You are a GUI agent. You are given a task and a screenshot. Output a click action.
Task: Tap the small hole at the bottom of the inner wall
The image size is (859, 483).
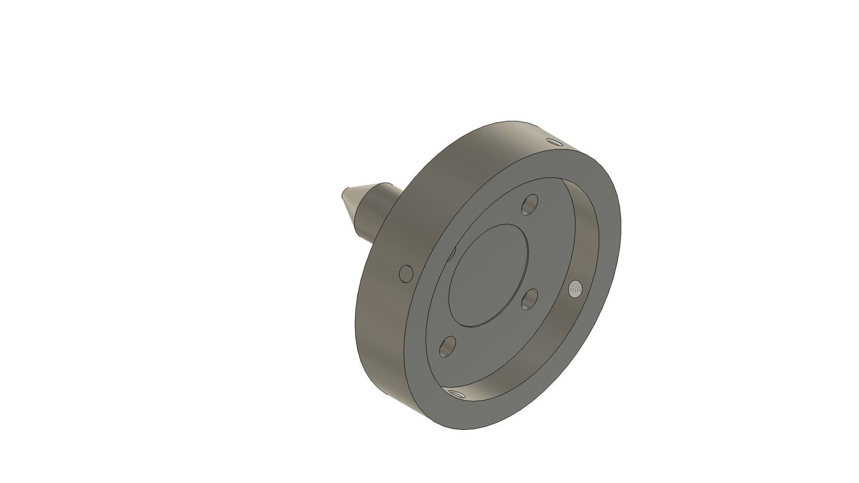click(456, 394)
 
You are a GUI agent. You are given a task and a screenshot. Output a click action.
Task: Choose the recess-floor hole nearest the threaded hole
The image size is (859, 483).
click(530, 299)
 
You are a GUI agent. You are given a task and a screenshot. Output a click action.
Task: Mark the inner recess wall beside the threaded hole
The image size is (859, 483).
click(582, 250)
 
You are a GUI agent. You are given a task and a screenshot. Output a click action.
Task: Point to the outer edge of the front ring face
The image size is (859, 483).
click(621, 224)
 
